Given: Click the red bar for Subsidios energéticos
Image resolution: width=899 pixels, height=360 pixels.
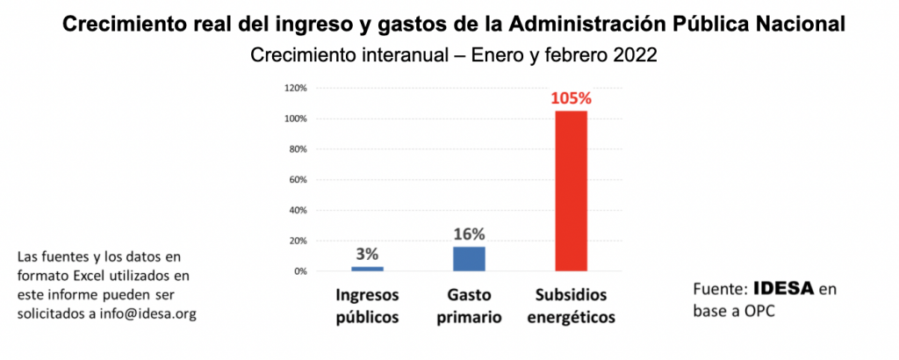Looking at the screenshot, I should click(x=571, y=191).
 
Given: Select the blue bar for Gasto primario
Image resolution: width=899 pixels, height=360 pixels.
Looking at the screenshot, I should click(x=469, y=259).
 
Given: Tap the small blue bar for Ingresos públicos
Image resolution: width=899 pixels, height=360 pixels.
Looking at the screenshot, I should click(x=367, y=269).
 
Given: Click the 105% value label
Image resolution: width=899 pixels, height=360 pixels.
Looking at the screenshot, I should click(x=571, y=98).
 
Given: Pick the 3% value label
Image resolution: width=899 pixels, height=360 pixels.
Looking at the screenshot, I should click(x=367, y=254).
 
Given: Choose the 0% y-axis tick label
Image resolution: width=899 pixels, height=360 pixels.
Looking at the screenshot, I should click(x=298, y=271).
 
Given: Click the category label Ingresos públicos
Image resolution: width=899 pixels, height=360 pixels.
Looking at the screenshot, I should click(x=367, y=305).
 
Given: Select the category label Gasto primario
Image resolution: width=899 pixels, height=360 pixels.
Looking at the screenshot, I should click(x=469, y=305).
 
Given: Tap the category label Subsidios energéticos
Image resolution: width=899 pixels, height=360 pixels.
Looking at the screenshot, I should click(x=571, y=305).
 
